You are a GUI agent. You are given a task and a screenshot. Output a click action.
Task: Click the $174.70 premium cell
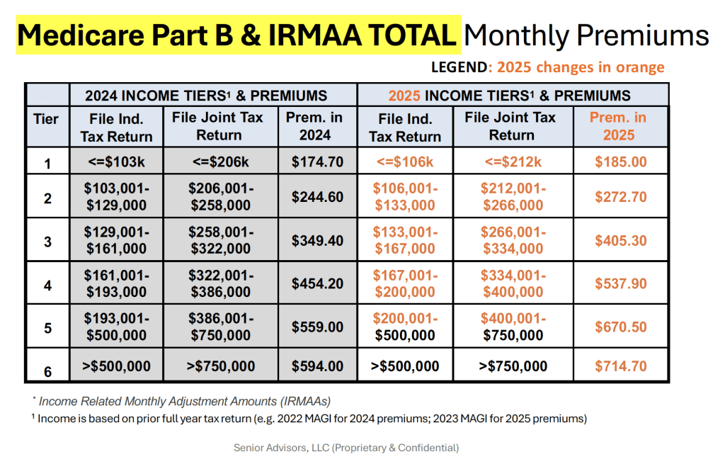[317, 162]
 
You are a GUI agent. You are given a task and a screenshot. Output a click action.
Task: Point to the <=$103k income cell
[116, 162]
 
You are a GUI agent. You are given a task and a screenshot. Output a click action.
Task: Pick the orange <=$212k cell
[512, 162]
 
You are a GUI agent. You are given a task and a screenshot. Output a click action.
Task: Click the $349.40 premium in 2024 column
[317, 241]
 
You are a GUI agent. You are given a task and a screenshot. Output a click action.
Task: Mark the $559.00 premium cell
[317, 327]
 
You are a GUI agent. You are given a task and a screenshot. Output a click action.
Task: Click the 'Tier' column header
[47, 118]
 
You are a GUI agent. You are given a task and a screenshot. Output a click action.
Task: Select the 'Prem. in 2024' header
[317, 126]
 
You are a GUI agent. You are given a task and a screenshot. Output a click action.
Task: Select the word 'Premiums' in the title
[641, 35]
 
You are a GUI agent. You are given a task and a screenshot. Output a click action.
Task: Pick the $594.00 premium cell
[317, 366]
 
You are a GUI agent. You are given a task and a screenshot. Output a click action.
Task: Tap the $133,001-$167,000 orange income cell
[406, 241]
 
